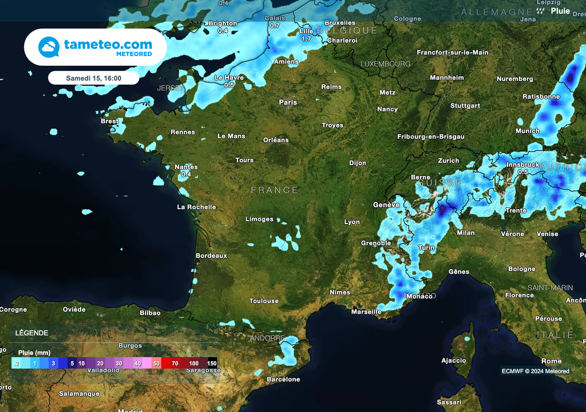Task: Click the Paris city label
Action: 288,103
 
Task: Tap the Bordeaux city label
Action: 211,256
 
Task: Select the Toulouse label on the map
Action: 264,301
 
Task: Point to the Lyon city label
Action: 352,222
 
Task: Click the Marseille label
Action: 366,312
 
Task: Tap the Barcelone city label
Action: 283,379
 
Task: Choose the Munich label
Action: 527,131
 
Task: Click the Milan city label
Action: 466,233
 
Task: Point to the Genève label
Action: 386,205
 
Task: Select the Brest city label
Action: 109,121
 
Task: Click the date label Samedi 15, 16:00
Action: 93,78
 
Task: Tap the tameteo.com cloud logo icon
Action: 49,47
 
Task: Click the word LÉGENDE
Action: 31,333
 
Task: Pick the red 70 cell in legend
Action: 175,363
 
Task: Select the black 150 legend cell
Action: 212,363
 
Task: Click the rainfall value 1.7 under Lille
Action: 306,39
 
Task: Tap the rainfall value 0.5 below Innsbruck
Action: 522,172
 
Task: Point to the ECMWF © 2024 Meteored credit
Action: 536,371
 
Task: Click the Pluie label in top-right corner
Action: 560,11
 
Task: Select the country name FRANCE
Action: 275,190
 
